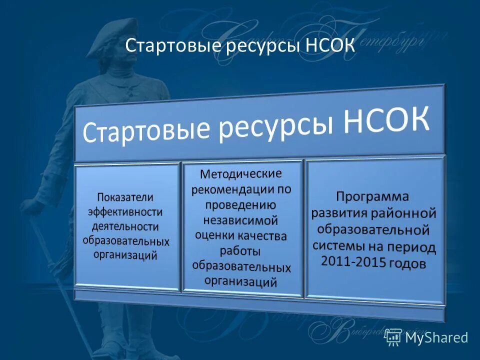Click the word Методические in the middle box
[x=241, y=175]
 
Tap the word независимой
[x=241, y=220]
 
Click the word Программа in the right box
[x=372, y=195]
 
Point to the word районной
[x=403, y=213]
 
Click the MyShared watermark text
[x=436, y=337]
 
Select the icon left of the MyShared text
[x=393, y=337]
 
